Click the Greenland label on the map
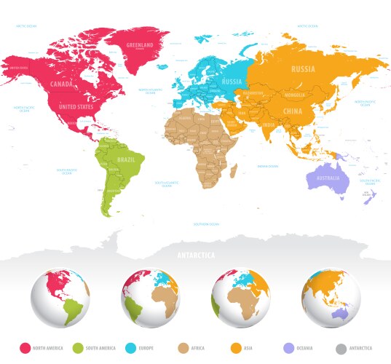click(140, 45)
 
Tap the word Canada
click(61, 84)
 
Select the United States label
click(76, 107)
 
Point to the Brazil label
click(126, 158)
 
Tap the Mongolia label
click(294, 95)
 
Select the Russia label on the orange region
click(303, 69)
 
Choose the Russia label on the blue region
click(232, 82)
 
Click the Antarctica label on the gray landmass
click(195, 256)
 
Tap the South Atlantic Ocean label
click(167, 183)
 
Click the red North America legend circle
click(25, 348)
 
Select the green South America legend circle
click(77, 348)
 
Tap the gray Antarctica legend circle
click(342, 348)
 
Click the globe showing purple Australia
click(333, 299)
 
